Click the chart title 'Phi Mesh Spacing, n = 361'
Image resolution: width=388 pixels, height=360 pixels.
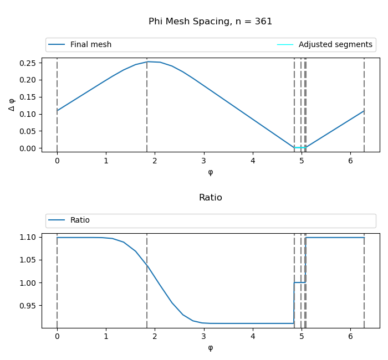click(210, 22)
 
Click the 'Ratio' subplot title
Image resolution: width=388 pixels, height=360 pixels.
click(210, 198)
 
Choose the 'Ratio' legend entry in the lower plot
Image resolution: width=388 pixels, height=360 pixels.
click(80, 220)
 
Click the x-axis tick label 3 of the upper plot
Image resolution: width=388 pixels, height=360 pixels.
click(204, 161)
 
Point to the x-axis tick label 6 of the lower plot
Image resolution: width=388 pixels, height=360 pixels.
click(350, 337)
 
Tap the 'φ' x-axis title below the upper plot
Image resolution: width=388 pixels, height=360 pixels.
click(210, 172)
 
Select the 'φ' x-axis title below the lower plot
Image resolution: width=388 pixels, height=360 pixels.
click(210, 348)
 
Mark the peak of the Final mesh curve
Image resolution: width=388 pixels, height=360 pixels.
click(147, 61)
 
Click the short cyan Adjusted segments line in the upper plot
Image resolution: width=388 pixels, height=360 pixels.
click(299, 147)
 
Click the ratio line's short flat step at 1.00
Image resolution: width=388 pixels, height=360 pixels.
click(299, 282)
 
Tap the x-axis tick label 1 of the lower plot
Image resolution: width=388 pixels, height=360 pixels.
click(106, 337)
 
